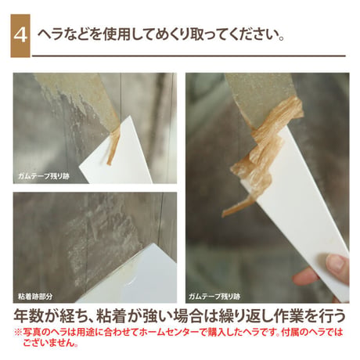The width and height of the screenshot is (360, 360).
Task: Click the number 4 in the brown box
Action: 20,35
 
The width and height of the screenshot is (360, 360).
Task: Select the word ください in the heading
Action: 250,34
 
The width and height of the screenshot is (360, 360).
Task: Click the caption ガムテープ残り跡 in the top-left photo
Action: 44,176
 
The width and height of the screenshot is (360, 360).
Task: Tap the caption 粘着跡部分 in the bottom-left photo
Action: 35,297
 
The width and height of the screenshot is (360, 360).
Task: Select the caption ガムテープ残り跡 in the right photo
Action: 214,297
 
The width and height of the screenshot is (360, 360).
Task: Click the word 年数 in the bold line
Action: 28,316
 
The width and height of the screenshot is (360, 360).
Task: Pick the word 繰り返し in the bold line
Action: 244,316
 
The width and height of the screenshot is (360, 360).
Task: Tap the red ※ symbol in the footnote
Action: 18,333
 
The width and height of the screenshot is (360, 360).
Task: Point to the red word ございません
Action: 49,343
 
